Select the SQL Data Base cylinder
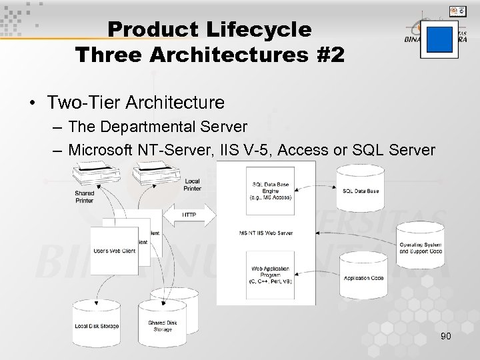click(360, 187)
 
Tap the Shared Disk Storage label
click(163, 326)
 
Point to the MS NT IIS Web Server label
click(265, 233)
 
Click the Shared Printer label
click(84, 197)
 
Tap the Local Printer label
click(192, 185)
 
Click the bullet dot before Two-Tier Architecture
click(31, 103)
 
